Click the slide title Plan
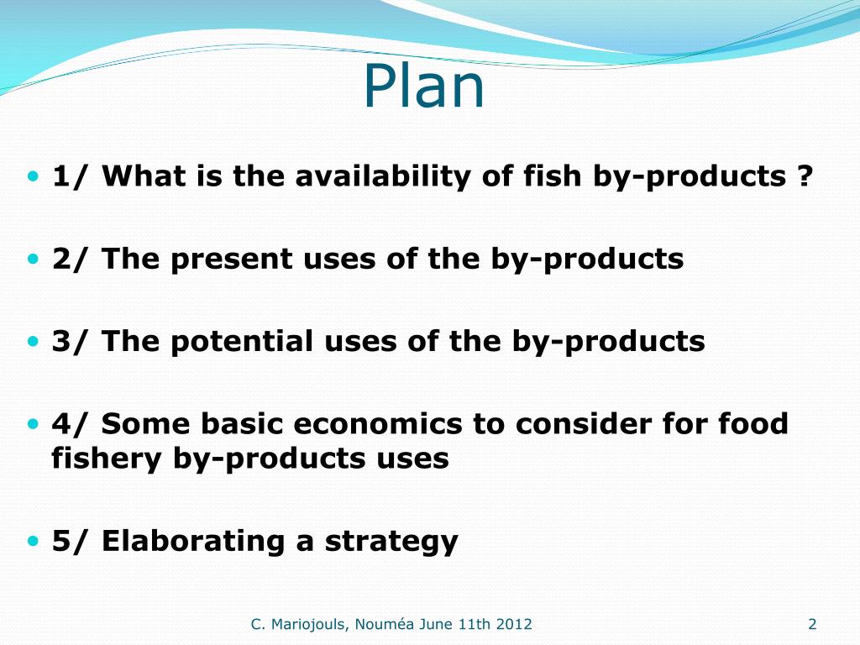(424, 87)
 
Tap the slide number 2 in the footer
(811, 623)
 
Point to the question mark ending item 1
(804, 177)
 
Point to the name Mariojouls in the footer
(310, 624)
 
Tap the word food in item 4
(753, 424)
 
